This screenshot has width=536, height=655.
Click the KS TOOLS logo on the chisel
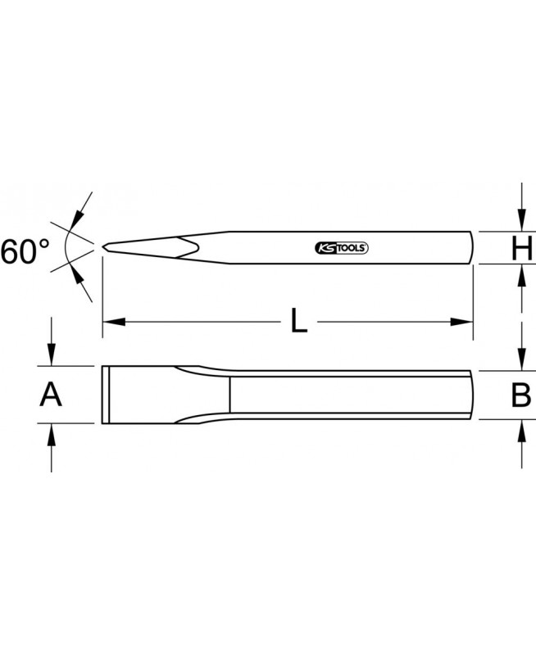point(341,248)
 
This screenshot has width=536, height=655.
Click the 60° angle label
point(25,251)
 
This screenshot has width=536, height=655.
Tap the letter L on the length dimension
point(299,321)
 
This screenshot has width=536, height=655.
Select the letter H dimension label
point(522,248)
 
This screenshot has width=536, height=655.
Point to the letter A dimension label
point(51,395)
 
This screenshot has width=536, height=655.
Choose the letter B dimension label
point(521,395)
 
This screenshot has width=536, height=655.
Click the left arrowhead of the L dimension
point(114,322)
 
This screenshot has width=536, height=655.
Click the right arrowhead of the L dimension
point(461,322)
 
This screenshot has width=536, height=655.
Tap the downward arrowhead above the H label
point(521,219)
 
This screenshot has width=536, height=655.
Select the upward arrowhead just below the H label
point(521,275)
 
